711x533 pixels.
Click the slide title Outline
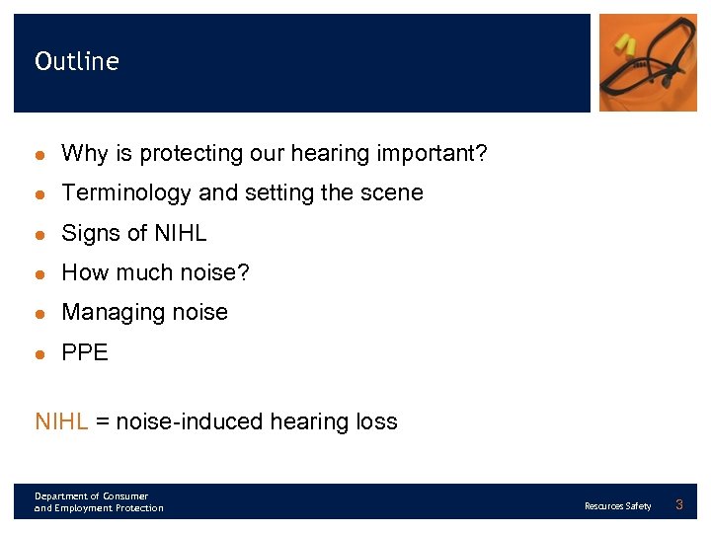tap(77, 61)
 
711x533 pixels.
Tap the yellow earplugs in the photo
tap(624, 44)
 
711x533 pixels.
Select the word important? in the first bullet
tap(433, 154)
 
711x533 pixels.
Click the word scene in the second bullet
tap(392, 193)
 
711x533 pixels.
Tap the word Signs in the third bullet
tap(89, 233)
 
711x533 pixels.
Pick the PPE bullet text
tap(85, 352)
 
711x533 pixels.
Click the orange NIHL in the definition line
tap(61, 422)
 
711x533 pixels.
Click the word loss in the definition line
tap(376, 422)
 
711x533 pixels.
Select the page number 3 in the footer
tap(679, 505)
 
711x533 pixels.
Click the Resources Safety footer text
tap(618, 506)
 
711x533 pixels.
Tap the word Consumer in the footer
tap(124, 495)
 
